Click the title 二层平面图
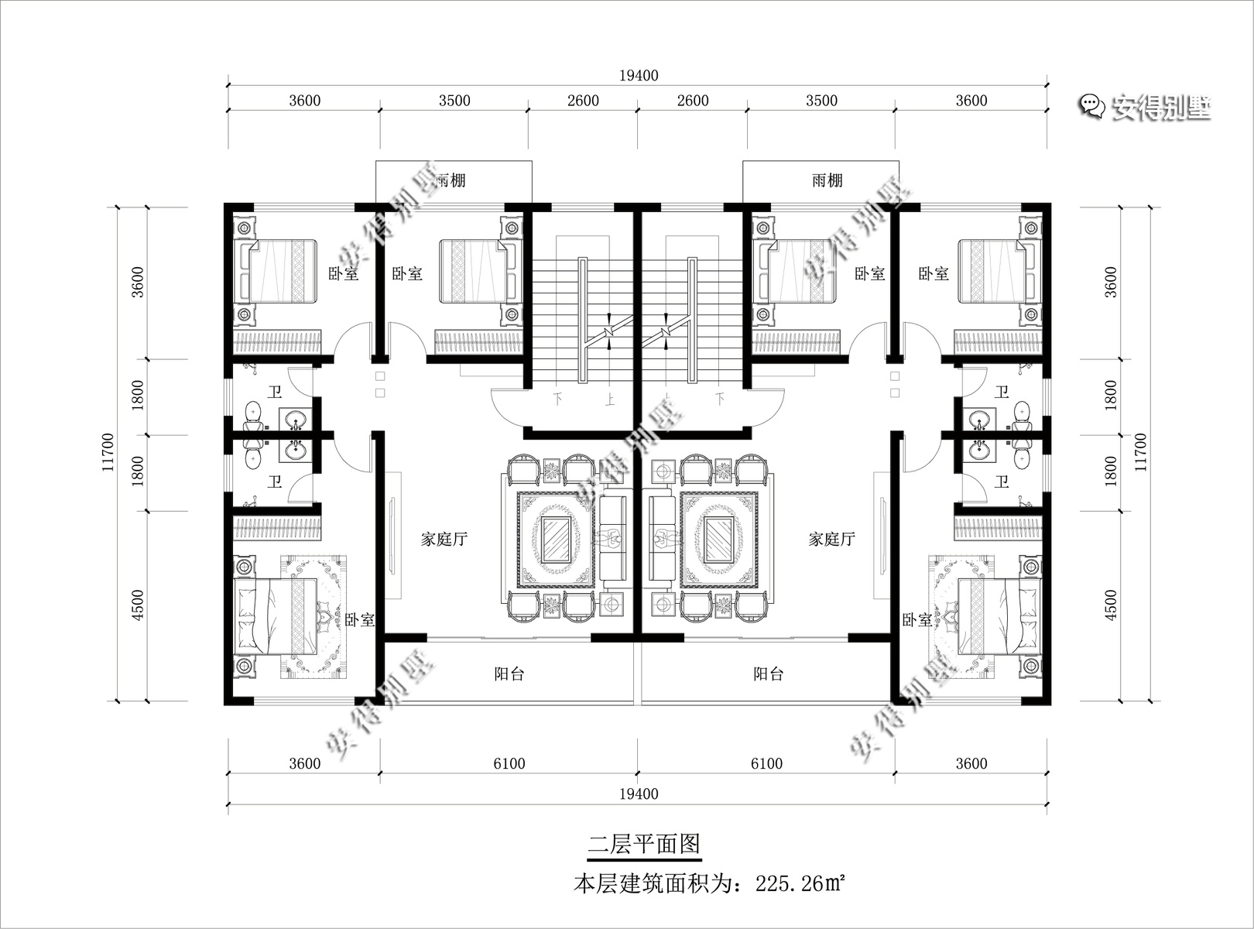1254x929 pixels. [644, 844]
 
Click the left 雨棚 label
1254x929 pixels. [451, 181]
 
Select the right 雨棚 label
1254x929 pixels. [827, 181]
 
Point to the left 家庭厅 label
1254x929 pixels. [444, 539]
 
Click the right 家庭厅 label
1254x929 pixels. [831, 539]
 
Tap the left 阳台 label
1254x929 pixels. [509, 674]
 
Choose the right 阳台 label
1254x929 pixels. [769, 674]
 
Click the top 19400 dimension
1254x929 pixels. [639, 76]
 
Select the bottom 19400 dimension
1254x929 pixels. [639, 794]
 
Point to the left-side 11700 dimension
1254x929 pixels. [108, 452]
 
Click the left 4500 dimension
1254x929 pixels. [137, 605]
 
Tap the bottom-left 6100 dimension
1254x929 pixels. [509, 764]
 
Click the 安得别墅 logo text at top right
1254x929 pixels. [1161, 107]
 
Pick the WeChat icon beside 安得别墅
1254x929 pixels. [1091, 106]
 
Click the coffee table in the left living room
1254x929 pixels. [556, 540]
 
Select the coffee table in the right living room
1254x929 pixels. [719, 540]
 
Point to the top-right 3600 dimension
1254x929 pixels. [971, 101]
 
